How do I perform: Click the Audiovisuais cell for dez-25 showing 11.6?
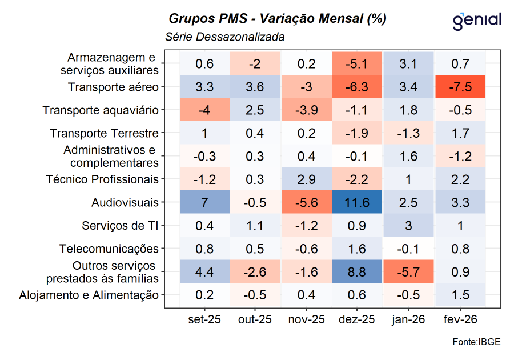[357, 203]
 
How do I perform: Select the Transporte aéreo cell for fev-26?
[460, 87]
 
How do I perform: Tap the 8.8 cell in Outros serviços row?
[357, 272]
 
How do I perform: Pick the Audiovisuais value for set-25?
[204, 203]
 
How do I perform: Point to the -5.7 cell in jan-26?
[408, 272]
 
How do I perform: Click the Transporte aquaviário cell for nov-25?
[306, 110]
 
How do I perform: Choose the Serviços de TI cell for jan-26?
[408, 226]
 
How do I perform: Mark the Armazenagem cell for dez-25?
[357, 64]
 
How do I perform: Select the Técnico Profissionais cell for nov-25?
[306, 179]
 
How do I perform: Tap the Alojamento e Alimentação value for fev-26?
[460, 295]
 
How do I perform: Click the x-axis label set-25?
[204, 319]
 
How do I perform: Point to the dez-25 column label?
[357, 319]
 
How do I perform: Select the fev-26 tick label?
[460, 319]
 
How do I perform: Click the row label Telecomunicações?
[109, 249]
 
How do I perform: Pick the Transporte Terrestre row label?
[104, 134]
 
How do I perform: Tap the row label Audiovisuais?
[125, 203]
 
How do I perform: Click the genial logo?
[476, 21]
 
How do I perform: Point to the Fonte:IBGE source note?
[476, 342]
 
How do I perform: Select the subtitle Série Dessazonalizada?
[224, 37]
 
